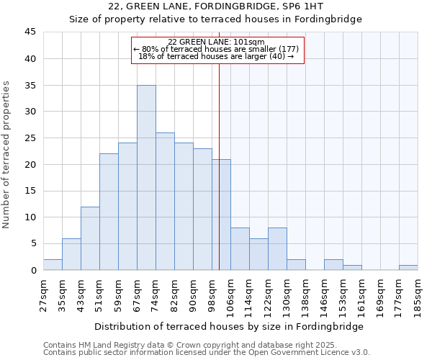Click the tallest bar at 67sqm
pyautogui.click(x=146, y=177)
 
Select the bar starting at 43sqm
pyautogui.click(x=90, y=238)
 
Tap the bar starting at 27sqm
pyautogui.click(x=53, y=265)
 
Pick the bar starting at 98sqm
pyautogui.click(x=221, y=215)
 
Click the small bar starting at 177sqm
pyautogui.click(x=408, y=267)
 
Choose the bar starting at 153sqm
pyautogui.click(x=352, y=267)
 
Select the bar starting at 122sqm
pyautogui.click(x=277, y=248)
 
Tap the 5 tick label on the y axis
pyautogui.click(x=33, y=243)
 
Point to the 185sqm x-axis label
pyautogui.click(x=419, y=295)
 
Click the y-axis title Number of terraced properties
pyautogui.click(x=7, y=155)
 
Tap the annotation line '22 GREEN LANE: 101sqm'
pyautogui.click(x=216, y=42)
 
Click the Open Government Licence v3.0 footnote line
pyautogui.click(x=206, y=353)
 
